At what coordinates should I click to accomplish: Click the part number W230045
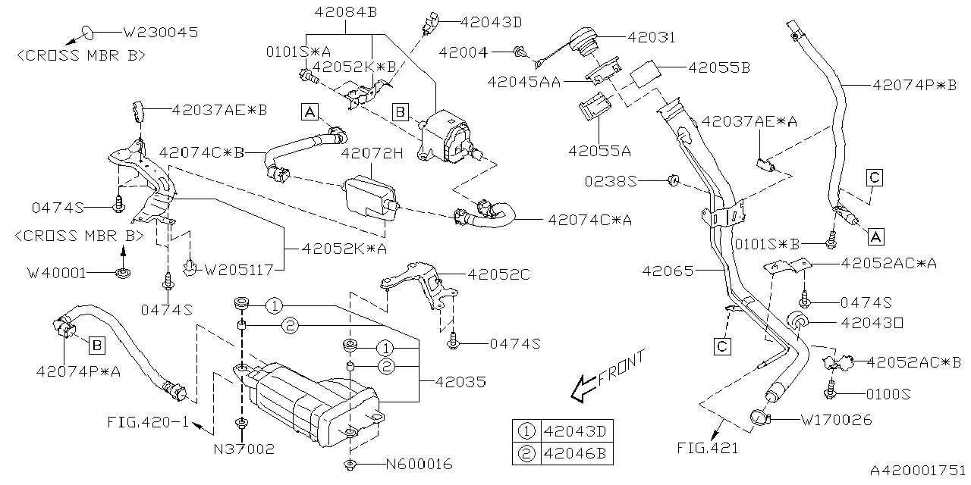click(x=160, y=33)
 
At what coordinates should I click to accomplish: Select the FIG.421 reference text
click(x=707, y=448)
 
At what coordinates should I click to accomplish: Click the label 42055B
click(x=719, y=67)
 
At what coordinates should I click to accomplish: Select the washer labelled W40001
click(x=121, y=272)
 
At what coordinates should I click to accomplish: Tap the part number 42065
click(x=668, y=270)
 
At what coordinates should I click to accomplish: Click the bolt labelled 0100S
click(x=831, y=393)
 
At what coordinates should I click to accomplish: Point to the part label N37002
click(x=244, y=449)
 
